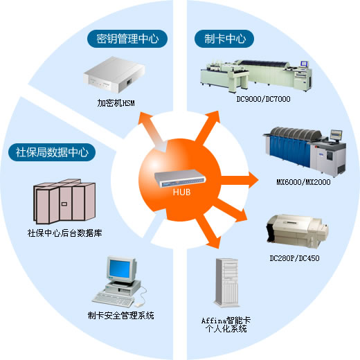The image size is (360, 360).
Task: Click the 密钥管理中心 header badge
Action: point(127,39)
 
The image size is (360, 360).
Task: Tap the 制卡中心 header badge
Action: point(224,39)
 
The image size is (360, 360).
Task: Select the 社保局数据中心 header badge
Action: point(52,152)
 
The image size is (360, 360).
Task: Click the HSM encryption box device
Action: point(114,75)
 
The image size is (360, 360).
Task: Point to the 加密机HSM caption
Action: point(116,103)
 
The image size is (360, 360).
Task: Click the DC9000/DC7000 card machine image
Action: point(256,75)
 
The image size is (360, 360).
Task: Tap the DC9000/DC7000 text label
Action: point(263,99)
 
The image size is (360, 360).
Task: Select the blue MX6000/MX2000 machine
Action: point(305,151)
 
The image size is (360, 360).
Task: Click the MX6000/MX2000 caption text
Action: point(303,182)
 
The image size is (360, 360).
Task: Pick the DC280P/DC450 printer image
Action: point(298,231)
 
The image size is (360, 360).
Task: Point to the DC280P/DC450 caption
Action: point(294,258)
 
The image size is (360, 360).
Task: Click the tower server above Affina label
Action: point(226,283)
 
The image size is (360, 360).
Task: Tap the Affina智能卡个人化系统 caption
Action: point(226,325)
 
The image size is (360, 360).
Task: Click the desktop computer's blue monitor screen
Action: point(120,269)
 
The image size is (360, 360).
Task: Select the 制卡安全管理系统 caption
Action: point(120,316)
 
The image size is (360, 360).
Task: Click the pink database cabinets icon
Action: point(64,201)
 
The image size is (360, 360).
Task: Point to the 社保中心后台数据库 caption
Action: point(64,233)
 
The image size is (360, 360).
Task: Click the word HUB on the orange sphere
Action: point(182,192)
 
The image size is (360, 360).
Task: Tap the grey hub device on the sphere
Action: point(180,179)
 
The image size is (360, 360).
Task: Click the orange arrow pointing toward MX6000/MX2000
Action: point(240,180)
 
